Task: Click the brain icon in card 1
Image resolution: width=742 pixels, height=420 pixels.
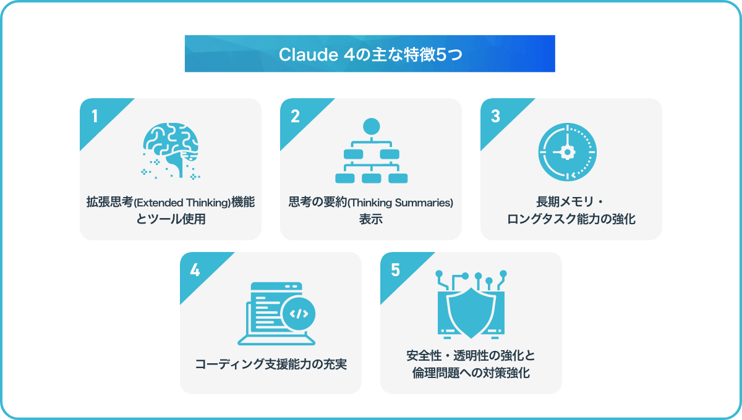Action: (171, 151)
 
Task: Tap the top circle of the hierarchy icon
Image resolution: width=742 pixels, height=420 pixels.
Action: (372, 127)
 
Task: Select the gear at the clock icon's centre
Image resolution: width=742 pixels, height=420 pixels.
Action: (567, 152)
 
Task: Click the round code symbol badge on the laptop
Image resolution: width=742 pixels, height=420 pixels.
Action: (299, 314)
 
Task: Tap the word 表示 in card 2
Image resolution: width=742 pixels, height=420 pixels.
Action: (371, 219)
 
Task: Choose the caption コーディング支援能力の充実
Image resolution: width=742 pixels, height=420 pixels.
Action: (271, 364)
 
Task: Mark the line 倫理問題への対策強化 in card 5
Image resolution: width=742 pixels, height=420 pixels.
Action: (471, 373)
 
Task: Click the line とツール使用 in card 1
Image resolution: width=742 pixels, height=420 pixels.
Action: (171, 219)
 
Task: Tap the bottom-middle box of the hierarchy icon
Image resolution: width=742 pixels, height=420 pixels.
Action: (372, 178)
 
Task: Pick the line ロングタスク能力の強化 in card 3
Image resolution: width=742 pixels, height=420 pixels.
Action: (571, 219)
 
